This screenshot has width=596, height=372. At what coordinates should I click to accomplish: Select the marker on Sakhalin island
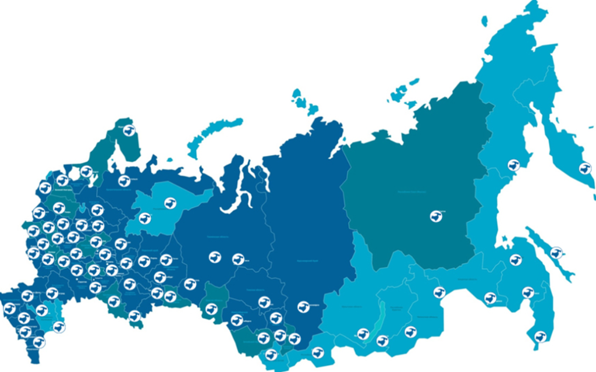click(556, 253)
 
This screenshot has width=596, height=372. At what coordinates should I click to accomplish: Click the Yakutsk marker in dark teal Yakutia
click(436, 216)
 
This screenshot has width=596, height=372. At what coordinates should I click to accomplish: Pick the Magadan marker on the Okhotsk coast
click(513, 165)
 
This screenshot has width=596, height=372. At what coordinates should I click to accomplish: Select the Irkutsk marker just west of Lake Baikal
click(363, 334)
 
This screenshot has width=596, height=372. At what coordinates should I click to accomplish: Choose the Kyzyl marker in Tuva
click(317, 352)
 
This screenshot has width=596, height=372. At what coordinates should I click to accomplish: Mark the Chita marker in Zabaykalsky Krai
click(411, 332)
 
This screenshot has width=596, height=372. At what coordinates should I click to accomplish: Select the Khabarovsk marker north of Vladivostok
click(528, 292)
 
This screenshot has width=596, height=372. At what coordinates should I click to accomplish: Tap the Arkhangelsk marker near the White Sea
click(123, 180)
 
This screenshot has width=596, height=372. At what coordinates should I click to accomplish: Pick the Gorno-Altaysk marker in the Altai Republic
click(271, 355)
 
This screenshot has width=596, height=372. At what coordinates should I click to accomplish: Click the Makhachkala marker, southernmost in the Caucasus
click(39, 342)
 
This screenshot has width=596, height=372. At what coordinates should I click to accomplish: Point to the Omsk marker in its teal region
click(211, 309)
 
